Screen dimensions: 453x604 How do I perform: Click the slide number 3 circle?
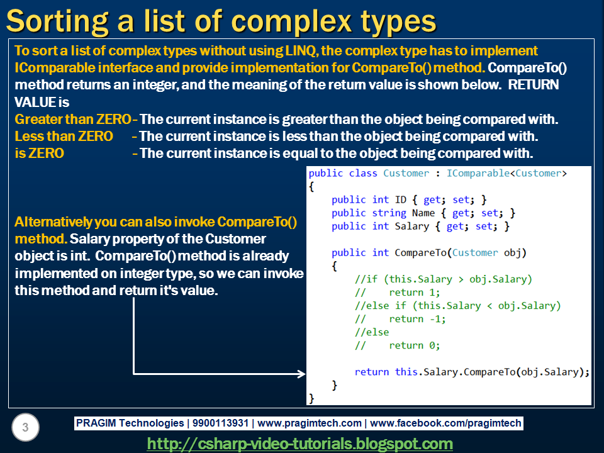point(25,428)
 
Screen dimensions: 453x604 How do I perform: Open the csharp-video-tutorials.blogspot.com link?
point(299,444)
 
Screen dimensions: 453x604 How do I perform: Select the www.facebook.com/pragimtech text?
point(446,423)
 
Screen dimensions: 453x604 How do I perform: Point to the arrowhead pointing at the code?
point(301,374)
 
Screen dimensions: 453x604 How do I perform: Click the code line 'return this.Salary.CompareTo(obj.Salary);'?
point(472,372)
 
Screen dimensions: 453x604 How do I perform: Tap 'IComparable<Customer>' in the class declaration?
point(506,173)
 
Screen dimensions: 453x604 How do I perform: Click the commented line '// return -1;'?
point(400,319)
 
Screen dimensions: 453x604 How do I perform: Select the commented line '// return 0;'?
point(398,345)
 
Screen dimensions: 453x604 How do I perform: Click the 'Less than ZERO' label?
point(64,136)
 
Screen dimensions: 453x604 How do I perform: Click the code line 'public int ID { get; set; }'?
point(409,199)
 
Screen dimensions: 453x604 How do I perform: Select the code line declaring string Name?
point(423,213)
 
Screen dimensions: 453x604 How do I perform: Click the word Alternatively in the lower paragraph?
point(53,222)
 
